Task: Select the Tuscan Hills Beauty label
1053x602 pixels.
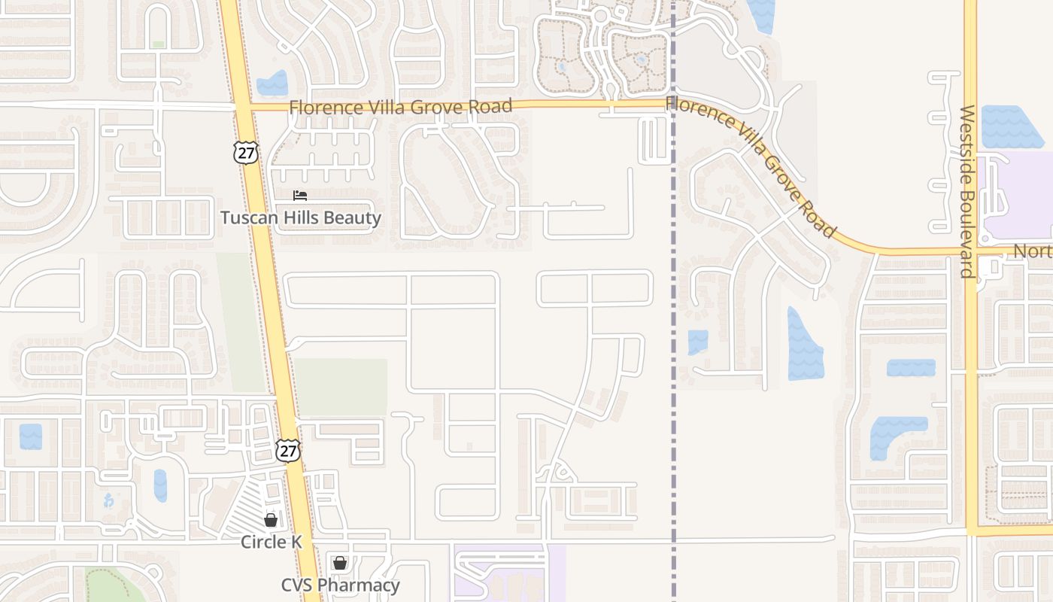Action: pos(301,218)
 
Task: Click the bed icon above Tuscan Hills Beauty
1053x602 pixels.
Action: pos(300,196)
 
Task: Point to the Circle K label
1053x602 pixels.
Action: pos(270,542)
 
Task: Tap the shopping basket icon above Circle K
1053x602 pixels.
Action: pos(270,520)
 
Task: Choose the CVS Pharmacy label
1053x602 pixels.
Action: pos(340,585)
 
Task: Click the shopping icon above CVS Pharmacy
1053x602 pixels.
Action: pos(339,563)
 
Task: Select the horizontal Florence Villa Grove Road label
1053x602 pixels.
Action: pos(401,107)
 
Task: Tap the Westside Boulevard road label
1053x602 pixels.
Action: pos(968,191)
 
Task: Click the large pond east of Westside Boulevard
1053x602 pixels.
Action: pos(1010,127)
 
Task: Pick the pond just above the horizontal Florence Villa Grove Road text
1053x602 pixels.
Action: pos(272,83)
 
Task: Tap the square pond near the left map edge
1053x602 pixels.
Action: pos(31,436)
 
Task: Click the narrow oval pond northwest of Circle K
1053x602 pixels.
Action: pos(160,485)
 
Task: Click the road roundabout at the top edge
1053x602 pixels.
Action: pos(600,15)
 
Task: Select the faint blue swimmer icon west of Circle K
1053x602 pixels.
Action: pos(109,500)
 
